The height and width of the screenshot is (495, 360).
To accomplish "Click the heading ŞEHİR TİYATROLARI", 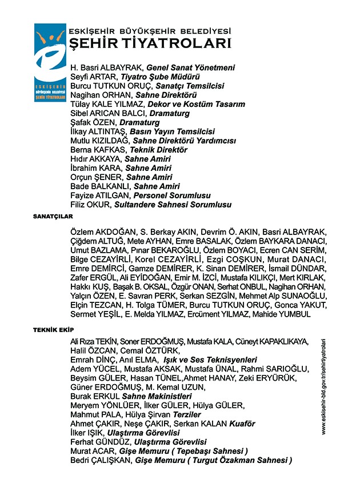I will (x=150, y=44).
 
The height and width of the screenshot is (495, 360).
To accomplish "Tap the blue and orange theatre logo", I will (x=50, y=62).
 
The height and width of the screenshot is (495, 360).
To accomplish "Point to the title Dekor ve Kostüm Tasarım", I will (x=196, y=104).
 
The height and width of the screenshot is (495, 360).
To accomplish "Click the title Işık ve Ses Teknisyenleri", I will (x=210, y=360).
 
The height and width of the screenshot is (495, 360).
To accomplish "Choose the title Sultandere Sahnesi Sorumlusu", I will (x=173, y=204).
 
